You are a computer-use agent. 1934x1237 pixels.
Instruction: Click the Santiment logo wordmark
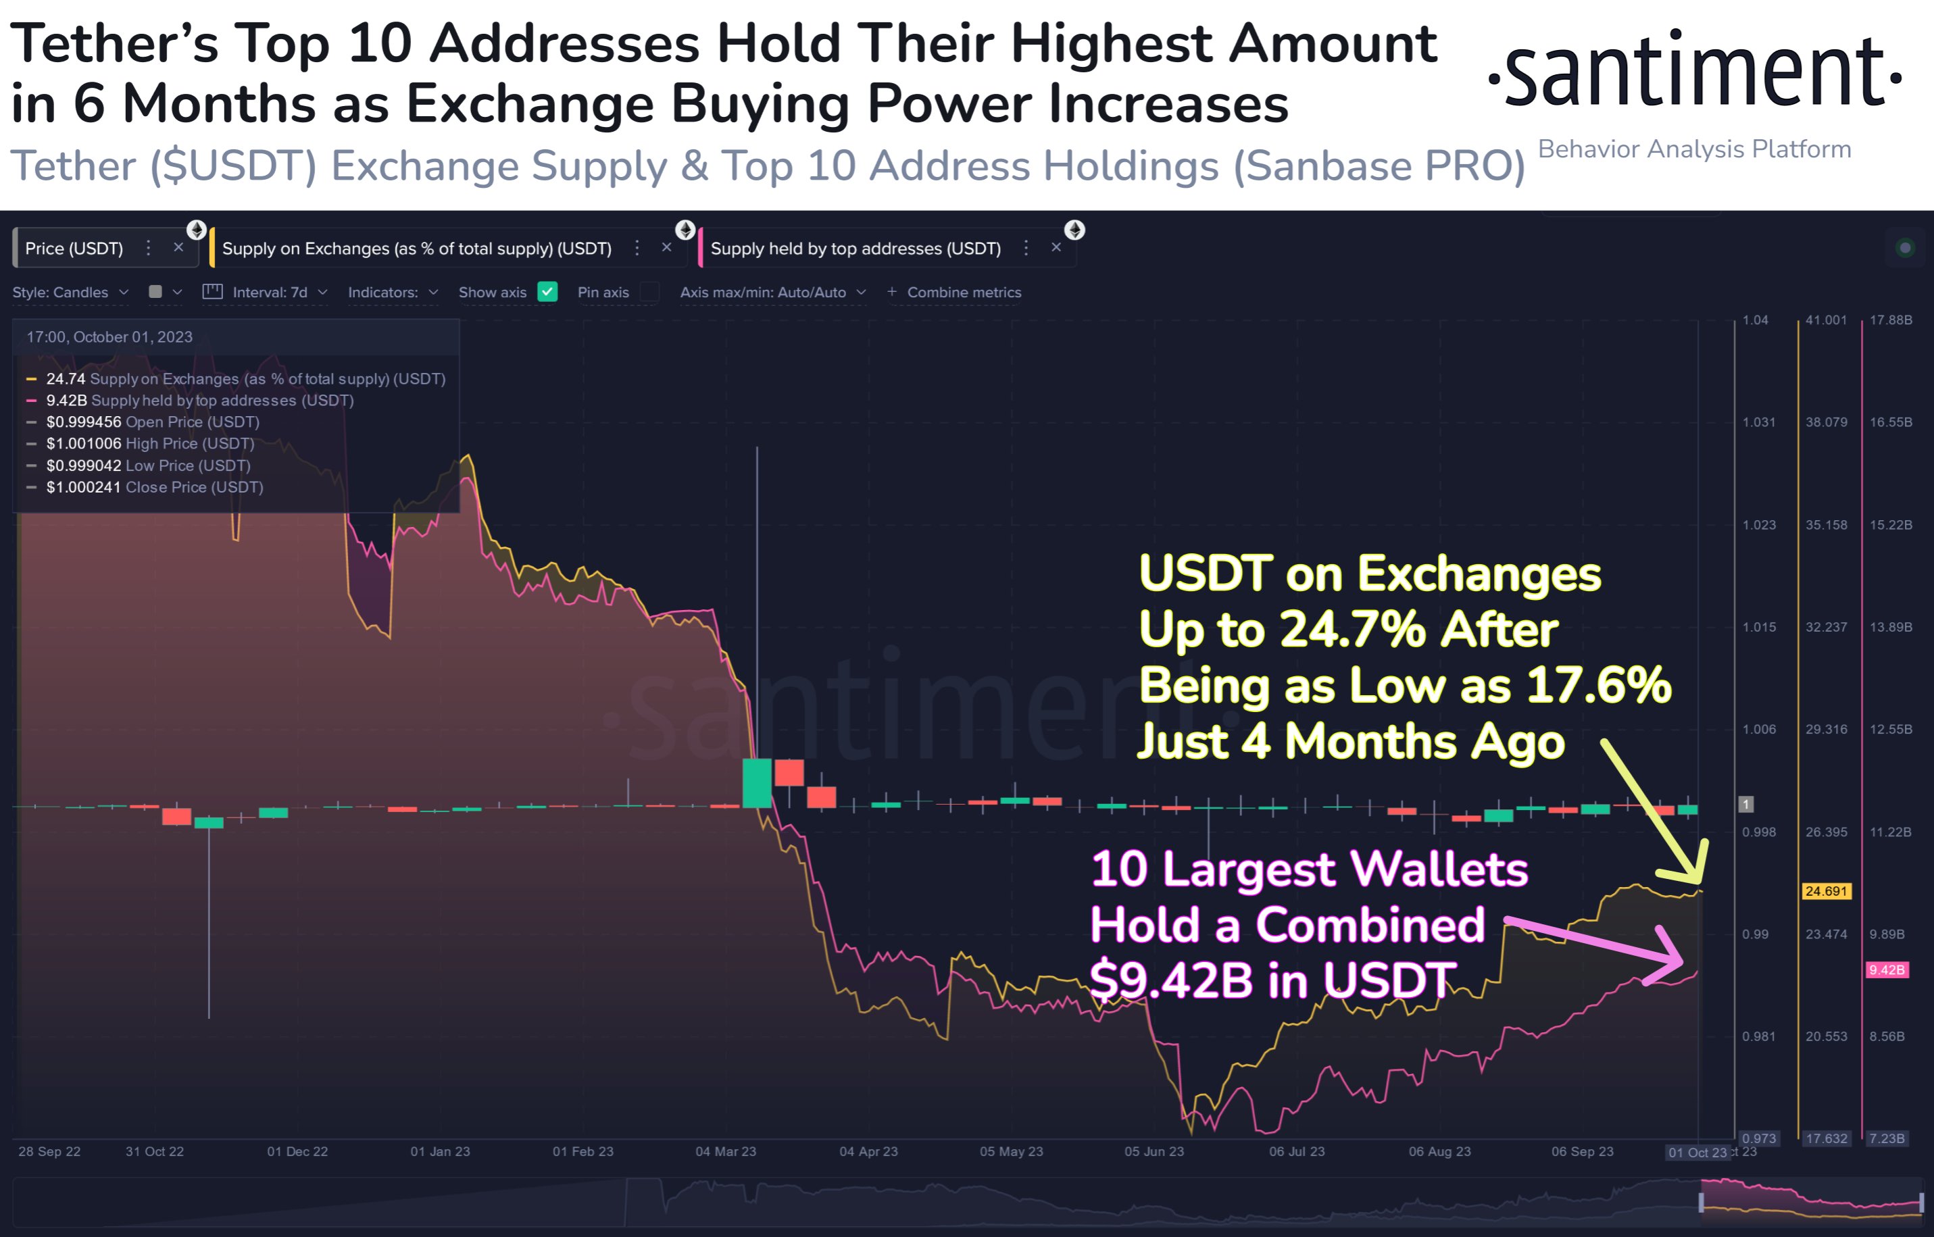click(x=1695, y=72)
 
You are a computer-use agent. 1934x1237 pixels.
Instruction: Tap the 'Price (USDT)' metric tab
click(x=74, y=248)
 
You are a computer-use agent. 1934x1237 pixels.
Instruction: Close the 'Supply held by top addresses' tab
click(x=1056, y=247)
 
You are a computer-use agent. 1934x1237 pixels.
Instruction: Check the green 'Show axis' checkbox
click(x=547, y=292)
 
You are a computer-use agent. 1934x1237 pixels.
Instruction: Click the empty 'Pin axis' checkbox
click(x=649, y=292)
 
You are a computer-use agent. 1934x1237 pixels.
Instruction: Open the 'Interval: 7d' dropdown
click(x=269, y=293)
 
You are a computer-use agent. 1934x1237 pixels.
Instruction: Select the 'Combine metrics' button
click(x=962, y=293)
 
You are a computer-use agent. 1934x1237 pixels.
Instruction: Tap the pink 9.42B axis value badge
click(x=1886, y=969)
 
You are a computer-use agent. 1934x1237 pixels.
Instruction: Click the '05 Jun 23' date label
click(x=1154, y=1151)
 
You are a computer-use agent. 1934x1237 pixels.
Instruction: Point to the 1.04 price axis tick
click(x=1755, y=320)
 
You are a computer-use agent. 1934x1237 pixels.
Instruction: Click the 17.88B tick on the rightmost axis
click(x=1890, y=320)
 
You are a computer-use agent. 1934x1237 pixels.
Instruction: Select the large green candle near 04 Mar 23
click(x=757, y=782)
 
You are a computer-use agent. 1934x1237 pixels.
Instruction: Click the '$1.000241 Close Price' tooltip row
click(x=154, y=487)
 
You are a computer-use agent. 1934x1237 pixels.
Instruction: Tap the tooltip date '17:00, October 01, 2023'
click(x=109, y=336)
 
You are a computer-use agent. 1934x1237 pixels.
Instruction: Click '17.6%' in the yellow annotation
click(x=1597, y=685)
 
